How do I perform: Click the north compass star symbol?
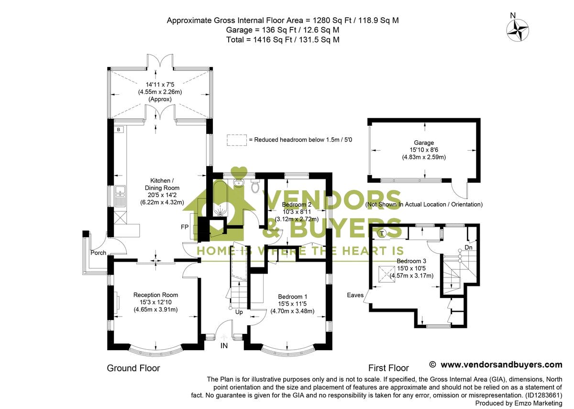tap(518, 30)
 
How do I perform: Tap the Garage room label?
tap(424, 143)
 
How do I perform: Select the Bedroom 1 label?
tap(292, 297)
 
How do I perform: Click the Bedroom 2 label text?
tap(292, 204)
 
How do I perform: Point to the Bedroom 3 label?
tap(411, 261)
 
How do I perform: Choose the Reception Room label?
tap(155, 295)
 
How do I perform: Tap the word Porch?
tap(98, 253)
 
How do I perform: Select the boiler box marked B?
tap(118, 130)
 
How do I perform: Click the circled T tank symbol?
tap(382, 233)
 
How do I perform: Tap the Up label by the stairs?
tap(239, 312)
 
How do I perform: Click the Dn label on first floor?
tap(468, 248)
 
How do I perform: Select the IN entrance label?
tap(224, 345)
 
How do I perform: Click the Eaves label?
tap(355, 295)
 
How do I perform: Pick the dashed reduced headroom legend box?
tap(236, 140)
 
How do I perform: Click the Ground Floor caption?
tap(133, 368)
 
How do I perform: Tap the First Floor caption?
tap(388, 368)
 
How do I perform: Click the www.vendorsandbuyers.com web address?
tap(501, 365)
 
